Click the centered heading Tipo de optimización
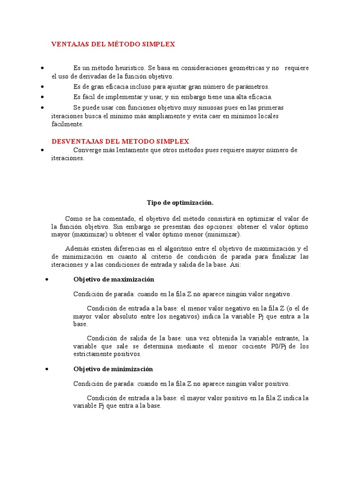(x=180, y=202)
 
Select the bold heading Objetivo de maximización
(x=113, y=279)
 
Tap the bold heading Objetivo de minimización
(x=113, y=369)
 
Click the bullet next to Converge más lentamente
(x=42, y=150)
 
